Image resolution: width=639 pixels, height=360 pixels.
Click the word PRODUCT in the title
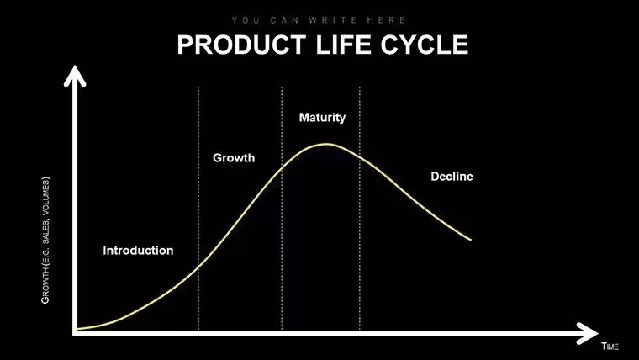pyautogui.click(x=241, y=45)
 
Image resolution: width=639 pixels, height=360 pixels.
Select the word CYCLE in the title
pyautogui.click(x=425, y=45)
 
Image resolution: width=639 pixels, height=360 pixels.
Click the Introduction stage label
pyautogui.click(x=138, y=251)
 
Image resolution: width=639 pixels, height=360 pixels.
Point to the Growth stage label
pyautogui.click(x=234, y=158)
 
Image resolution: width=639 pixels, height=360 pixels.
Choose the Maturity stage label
pyautogui.click(x=322, y=118)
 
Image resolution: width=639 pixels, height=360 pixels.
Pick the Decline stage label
pyautogui.click(x=452, y=177)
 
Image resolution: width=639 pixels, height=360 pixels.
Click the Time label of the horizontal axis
pyautogui.click(x=610, y=347)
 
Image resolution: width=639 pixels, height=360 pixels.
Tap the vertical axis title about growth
pyautogui.click(x=45, y=240)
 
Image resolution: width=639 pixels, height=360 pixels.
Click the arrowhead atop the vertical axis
pyautogui.click(x=75, y=76)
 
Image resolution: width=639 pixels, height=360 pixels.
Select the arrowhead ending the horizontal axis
pyautogui.click(x=587, y=333)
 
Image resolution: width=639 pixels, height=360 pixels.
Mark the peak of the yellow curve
pyautogui.click(x=326, y=144)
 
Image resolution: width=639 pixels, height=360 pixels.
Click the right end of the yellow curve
pyautogui.click(x=471, y=240)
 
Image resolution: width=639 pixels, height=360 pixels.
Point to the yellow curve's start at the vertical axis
pyautogui.click(x=77, y=329)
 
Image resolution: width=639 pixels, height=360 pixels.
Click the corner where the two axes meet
pyautogui.click(x=75, y=333)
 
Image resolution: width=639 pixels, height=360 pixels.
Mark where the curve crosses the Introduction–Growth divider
pyautogui.click(x=198, y=267)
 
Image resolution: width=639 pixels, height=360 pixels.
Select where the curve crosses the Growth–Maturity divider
pyautogui.click(x=282, y=167)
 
